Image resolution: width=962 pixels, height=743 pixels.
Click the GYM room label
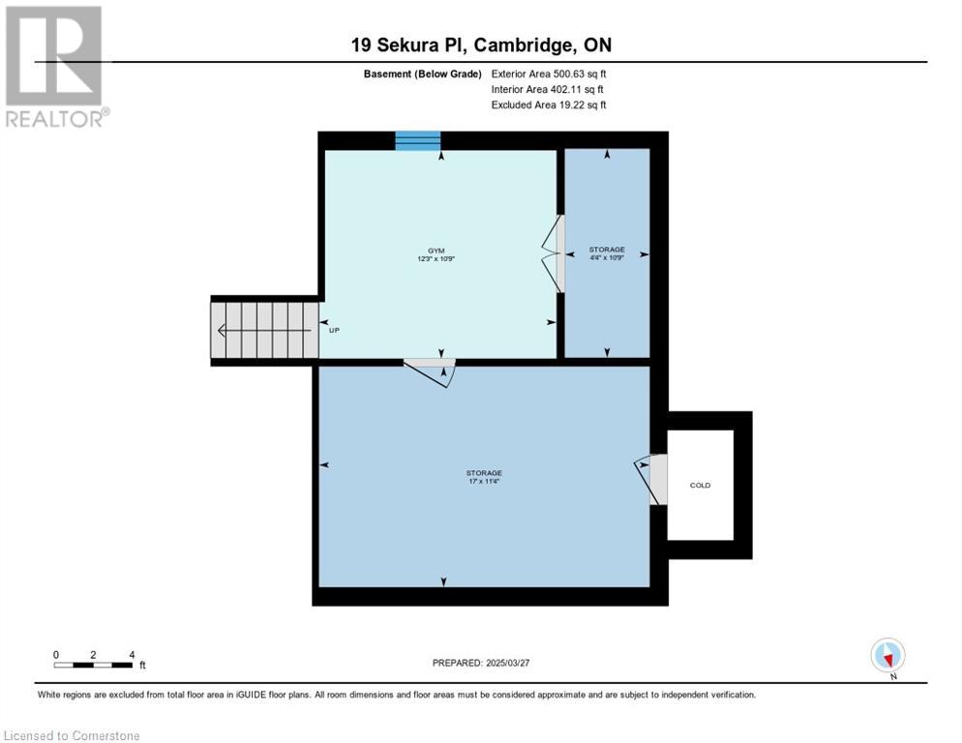click(436, 251)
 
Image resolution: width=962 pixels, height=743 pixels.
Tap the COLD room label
click(700, 486)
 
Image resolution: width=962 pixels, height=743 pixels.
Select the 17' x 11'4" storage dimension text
click(484, 482)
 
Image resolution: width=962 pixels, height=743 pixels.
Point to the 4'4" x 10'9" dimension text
click(607, 257)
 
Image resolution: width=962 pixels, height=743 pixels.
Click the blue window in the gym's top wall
click(418, 140)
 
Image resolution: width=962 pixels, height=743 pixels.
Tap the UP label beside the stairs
click(334, 330)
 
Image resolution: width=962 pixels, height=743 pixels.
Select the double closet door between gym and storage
click(554, 253)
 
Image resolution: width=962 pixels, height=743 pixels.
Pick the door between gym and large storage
click(431, 371)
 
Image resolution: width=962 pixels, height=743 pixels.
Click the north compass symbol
click(887, 656)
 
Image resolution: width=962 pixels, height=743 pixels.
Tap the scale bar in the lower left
click(93, 665)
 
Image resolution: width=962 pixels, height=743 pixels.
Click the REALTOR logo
click(56, 66)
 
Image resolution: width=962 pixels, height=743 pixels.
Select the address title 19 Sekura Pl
click(409, 45)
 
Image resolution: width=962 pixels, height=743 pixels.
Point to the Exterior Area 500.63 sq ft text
click(549, 74)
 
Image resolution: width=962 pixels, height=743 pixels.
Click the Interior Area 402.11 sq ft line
click(547, 90)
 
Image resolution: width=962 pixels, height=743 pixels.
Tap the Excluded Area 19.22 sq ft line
click(549, 104)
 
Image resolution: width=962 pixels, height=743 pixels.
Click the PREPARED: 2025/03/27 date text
click(481, 664)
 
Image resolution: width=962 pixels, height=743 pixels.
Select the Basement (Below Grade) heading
click(423, 74)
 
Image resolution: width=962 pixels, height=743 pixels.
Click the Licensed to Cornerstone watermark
click(72, 735)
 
